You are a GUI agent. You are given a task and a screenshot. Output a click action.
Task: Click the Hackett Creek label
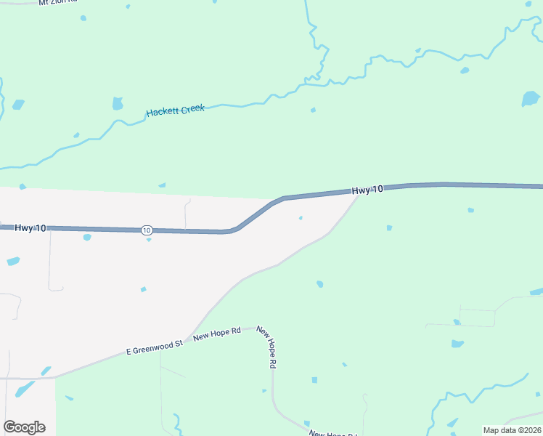coord(176,110)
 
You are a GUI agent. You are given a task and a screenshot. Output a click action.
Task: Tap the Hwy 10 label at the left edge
coord(30,228)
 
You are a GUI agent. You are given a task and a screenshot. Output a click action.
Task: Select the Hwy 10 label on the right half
coord(367,190)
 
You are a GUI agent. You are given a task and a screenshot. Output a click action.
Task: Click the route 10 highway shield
coord(147,230)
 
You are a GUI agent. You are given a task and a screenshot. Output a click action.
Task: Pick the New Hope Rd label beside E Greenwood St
coord(216,333)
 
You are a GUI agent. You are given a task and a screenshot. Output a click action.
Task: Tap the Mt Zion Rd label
coord(58,3)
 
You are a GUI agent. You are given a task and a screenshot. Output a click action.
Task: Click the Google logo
coord(24,427)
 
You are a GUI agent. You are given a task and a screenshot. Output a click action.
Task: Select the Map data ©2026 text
coord(511,430)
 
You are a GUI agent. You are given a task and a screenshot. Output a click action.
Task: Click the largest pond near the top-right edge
coord(531,98)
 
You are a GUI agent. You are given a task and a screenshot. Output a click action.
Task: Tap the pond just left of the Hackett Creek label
coord(118,103)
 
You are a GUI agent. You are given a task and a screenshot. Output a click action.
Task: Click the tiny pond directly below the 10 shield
coord(148,240)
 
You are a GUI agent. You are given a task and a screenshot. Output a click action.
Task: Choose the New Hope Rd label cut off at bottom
coord(332,434)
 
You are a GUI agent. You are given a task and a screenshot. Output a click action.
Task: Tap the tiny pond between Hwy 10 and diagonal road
coord(301,217)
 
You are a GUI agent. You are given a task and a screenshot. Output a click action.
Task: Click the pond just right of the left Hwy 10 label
coord(87,237)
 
